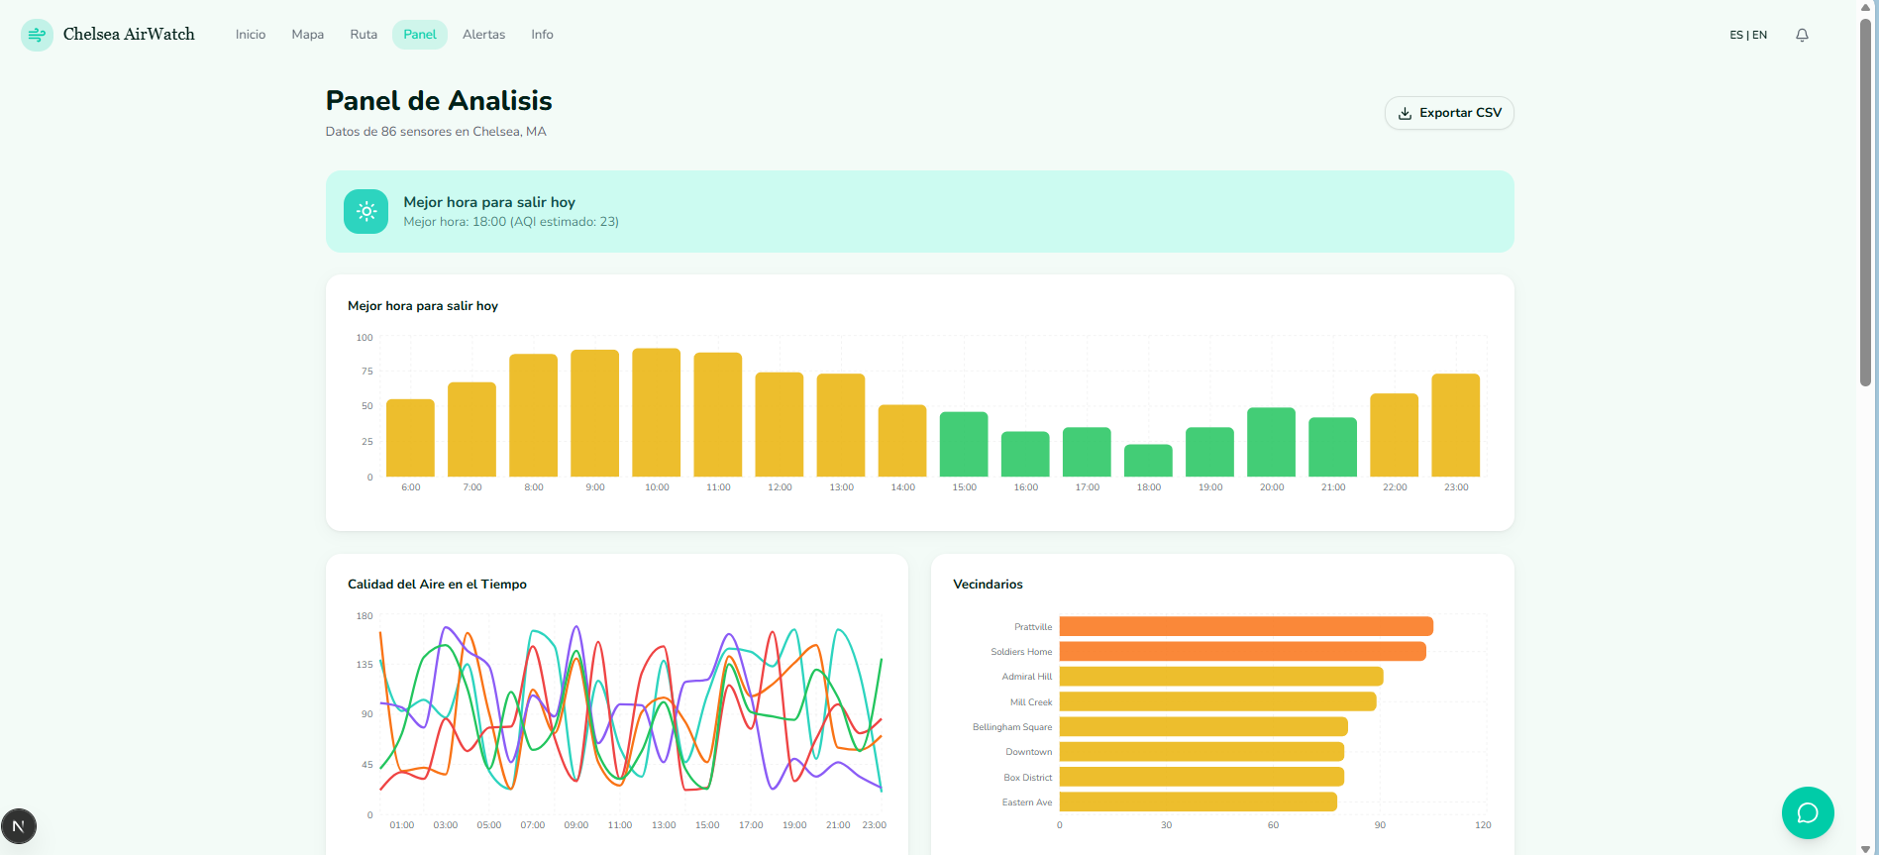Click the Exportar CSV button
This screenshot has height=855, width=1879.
(x=1449, y=113)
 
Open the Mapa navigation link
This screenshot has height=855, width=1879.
(x=307, y=35)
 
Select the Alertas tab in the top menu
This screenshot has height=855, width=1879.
(x=483, y=35)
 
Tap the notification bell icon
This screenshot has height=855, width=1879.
(x=1802, y=35)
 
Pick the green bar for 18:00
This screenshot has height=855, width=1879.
(x=1148, y=461)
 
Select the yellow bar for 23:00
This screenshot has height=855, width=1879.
(x=1455, y=425)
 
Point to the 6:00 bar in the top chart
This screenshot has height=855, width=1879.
(x=410, y=438)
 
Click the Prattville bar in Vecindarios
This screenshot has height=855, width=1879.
(x=1245, y=626)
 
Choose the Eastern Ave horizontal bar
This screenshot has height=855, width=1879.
(x=1198, y=802)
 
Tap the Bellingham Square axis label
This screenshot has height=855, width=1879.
(x=1011, y=727)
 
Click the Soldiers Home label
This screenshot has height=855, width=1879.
(x=1020, y=652)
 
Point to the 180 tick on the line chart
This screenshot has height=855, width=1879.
(x=365, y=616)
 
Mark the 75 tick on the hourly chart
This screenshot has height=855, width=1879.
(x=366, y=372)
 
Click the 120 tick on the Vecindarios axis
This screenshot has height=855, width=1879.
(x=1482, y=825)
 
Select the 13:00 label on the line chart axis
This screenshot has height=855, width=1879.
(x=663, y=825)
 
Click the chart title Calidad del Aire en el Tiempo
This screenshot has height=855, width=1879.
(x=437, y=585)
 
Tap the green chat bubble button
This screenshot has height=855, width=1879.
(x=1807, y=812)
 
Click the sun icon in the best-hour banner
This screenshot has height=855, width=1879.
(x=365, y=212)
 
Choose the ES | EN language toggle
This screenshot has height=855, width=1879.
(x=1747, y=35)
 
